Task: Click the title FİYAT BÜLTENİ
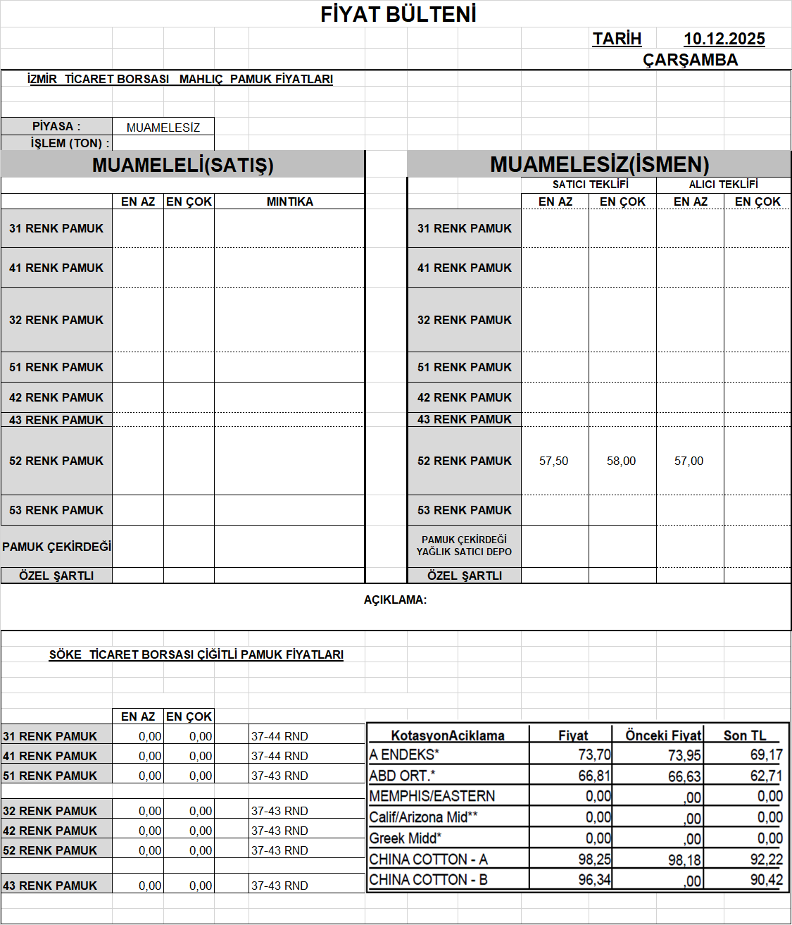398,15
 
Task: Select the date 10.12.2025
724,39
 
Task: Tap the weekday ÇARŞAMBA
690,60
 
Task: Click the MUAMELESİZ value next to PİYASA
163,128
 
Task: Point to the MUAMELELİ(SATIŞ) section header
182,165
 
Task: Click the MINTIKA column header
289,201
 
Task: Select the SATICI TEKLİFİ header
590,185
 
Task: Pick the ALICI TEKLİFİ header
723,185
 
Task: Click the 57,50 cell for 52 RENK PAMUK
553,461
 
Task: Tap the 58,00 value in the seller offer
621,461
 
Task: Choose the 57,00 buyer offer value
689,461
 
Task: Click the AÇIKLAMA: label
395,600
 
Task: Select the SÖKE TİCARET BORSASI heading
196,654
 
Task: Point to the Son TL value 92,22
766,859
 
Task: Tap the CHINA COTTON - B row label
428,880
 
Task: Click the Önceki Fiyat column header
663,735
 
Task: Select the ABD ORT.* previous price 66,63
684,776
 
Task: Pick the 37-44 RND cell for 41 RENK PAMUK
279,756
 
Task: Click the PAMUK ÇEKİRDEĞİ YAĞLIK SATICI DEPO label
464,546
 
